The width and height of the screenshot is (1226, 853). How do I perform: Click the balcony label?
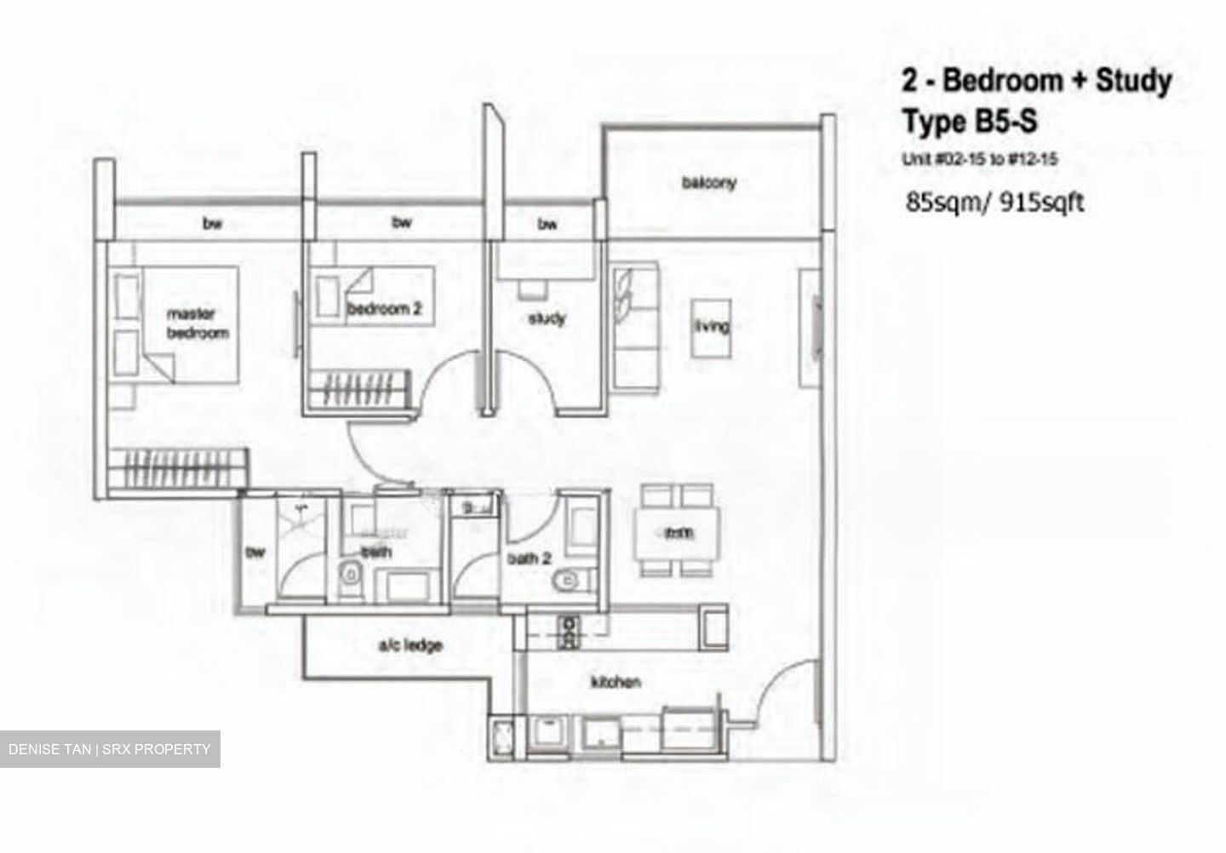click(708, 182)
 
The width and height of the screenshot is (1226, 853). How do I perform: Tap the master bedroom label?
click(197, 323)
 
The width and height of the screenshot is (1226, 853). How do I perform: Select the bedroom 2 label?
click(384, 308)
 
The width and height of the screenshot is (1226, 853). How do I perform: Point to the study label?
click(547, 318)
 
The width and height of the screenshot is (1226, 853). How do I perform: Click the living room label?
click(711, 326)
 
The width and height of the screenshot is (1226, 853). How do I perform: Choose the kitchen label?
click(616, 682)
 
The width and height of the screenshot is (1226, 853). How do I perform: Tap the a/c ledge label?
click(410, 645)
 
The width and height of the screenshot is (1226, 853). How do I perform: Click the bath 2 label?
click(529, 558)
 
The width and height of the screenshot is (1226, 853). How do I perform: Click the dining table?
click(677, 534)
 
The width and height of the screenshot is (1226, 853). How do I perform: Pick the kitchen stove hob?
click(567, 632)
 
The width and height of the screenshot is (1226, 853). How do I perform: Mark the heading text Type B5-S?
click(970, 122)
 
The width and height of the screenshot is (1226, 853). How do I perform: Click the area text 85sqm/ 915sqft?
click(994, 203)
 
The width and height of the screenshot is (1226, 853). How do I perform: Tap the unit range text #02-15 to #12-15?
click(980, 158)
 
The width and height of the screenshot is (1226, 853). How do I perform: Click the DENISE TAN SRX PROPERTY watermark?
click(109, 749)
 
